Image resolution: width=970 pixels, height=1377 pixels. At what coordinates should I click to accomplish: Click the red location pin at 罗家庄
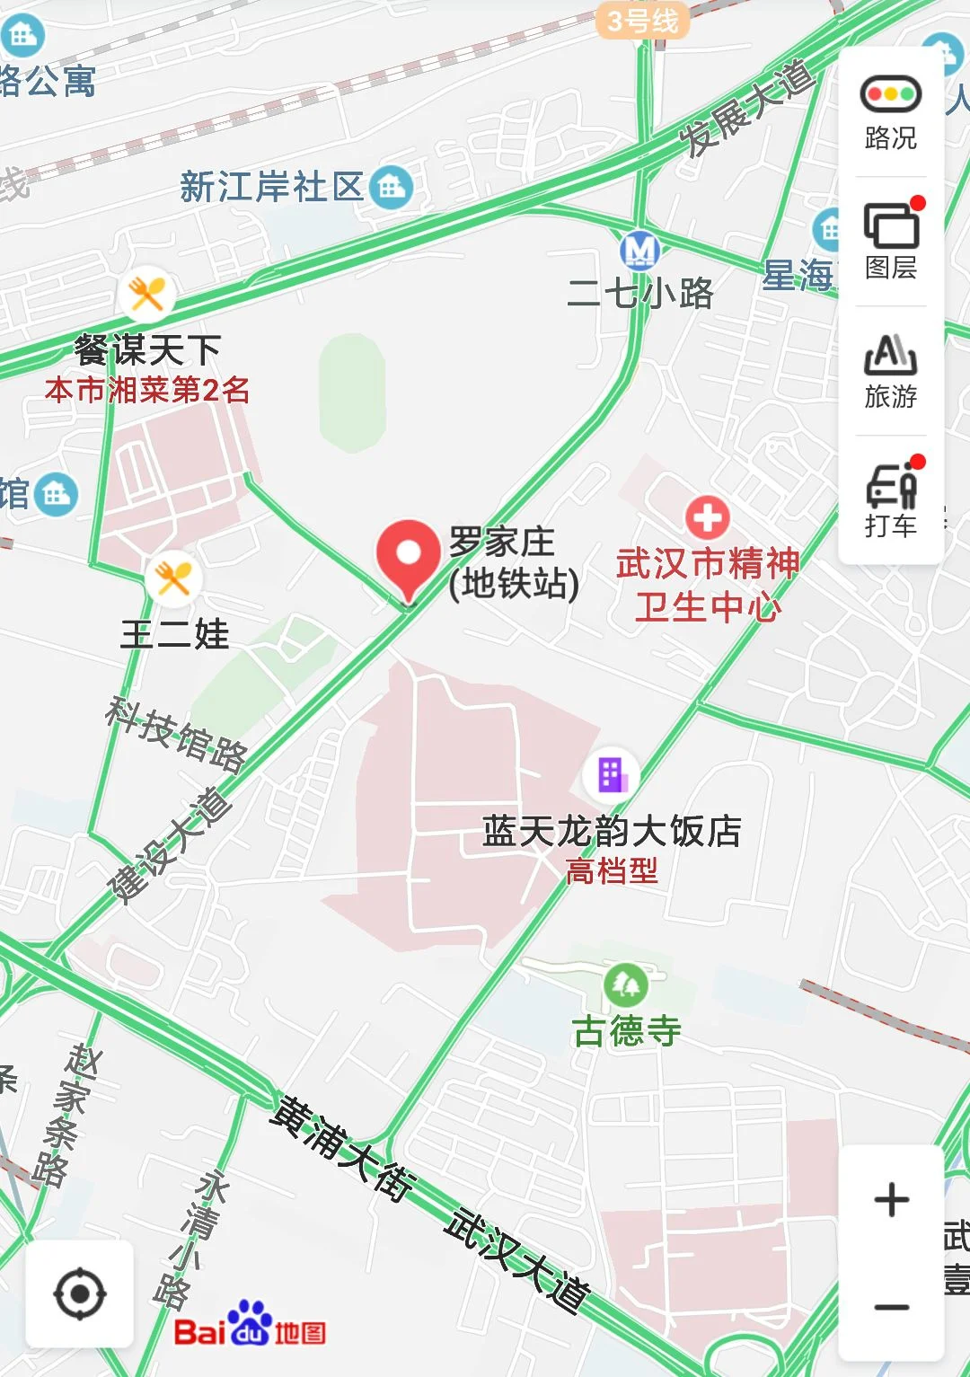409,555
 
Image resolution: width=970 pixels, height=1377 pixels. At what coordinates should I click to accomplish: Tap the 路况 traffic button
890,111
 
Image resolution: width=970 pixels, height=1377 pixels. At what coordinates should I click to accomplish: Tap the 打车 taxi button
890,499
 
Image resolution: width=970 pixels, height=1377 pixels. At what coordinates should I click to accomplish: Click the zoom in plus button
891,1200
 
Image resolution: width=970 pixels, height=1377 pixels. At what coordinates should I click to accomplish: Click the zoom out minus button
891,1307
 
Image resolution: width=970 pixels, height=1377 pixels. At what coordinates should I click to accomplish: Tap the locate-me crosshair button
80,1294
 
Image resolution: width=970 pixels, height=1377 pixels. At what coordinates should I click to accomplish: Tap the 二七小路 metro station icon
639,250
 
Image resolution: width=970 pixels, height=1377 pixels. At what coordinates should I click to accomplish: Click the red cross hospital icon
708,518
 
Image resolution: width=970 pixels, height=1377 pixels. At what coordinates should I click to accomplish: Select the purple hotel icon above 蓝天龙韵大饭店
611,774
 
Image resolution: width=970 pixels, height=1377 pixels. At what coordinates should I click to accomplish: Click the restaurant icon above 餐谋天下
146,294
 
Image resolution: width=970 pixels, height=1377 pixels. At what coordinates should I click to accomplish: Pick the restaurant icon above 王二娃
172,579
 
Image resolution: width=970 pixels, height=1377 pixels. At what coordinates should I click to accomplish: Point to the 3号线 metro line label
642,21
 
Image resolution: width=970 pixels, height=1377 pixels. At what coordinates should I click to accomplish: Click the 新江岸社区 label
271,188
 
